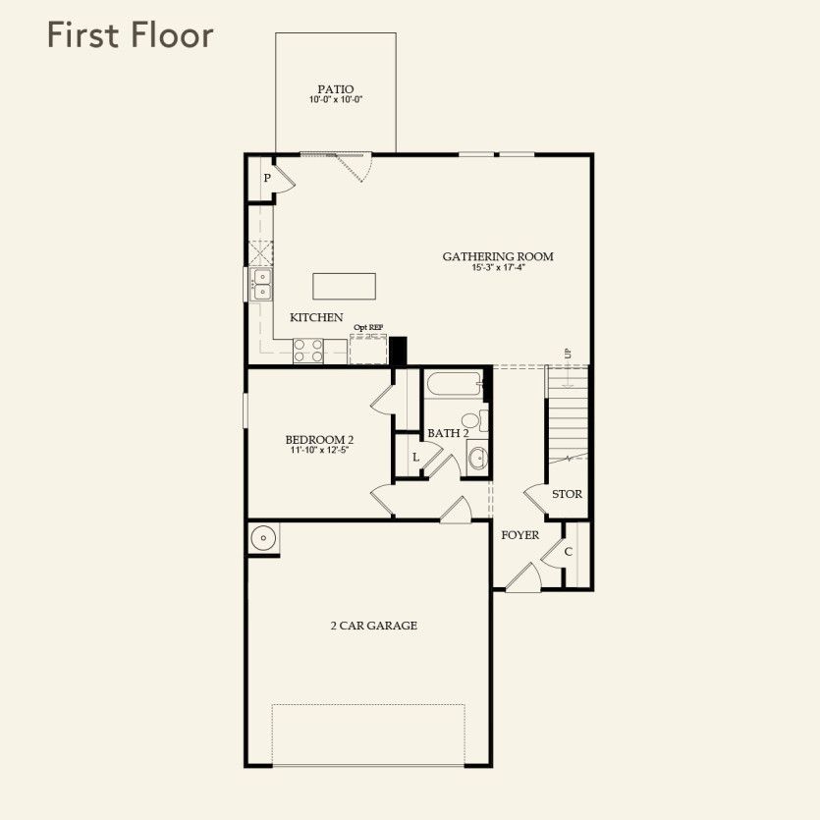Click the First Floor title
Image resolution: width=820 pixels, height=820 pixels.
(130, 36)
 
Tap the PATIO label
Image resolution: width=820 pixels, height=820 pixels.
(335, 88)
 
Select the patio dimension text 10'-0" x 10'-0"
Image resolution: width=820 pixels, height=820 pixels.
(335, 100)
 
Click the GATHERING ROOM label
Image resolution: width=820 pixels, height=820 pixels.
(498, 256)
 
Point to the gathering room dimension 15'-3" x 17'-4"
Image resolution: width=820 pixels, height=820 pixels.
(498, 268)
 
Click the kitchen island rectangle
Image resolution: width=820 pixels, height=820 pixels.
(344, 286)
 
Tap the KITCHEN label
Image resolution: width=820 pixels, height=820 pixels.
(316, 317)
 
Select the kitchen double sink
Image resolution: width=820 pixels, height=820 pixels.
(262, 285)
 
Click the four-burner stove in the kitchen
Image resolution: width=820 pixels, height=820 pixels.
(308, 350)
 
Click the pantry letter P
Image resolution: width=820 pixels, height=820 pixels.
(265, 179)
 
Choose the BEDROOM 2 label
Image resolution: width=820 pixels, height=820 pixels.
(319, 439)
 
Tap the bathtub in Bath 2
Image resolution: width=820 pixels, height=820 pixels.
(453, 385)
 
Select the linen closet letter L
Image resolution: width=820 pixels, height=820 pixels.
(415, 458)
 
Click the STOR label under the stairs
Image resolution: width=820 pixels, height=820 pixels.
(567, 494)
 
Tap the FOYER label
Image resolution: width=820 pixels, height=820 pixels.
(519, 535)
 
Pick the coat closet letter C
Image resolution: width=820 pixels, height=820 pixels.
(569, 552)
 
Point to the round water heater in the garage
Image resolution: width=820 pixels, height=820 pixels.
(263, 538)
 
